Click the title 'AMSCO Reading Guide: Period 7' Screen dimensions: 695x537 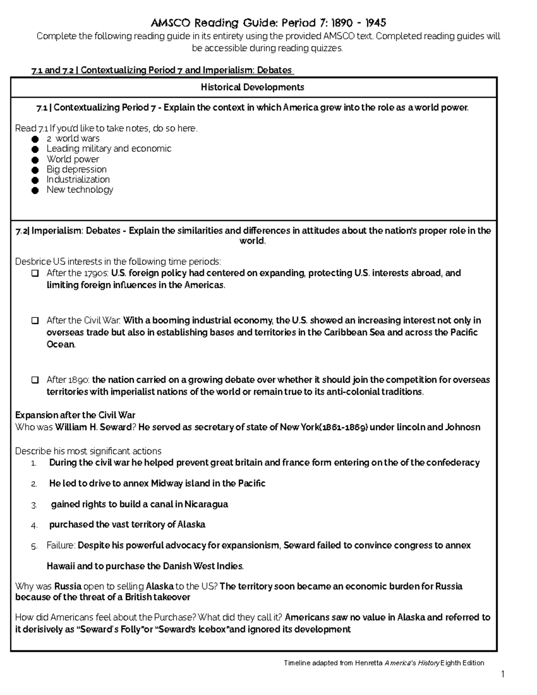(x=268, y=22)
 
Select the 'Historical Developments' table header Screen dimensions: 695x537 (x=252, y=87)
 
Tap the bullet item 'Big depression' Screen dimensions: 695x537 (x=77, y=169)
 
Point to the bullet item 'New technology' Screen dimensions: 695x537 (x=80, y=190)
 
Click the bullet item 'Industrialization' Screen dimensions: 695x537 (x=78, y=179)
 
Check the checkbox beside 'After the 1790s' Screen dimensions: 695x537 (x=35, y=273)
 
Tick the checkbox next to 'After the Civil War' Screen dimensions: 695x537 (x=35, y=321)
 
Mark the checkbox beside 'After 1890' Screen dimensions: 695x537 (x=35, y=380)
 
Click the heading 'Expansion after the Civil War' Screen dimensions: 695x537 (x=75, y=415)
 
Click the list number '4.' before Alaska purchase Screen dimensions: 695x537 (x=34, y=525)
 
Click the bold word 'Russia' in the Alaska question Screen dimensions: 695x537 (x=68, y=586)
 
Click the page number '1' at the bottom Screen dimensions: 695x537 (x=503, y=674)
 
